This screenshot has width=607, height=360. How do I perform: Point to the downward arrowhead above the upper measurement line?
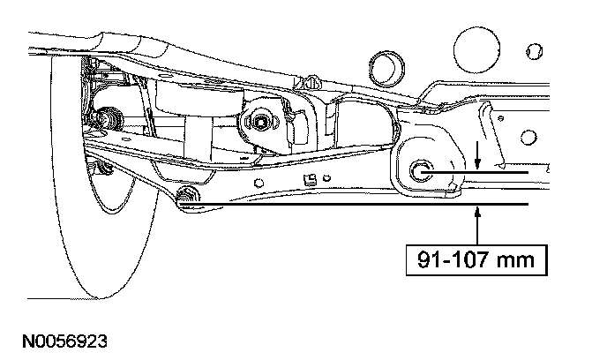(x=477, y=164)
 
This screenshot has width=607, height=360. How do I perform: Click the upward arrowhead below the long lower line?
(x=477, y=211)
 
